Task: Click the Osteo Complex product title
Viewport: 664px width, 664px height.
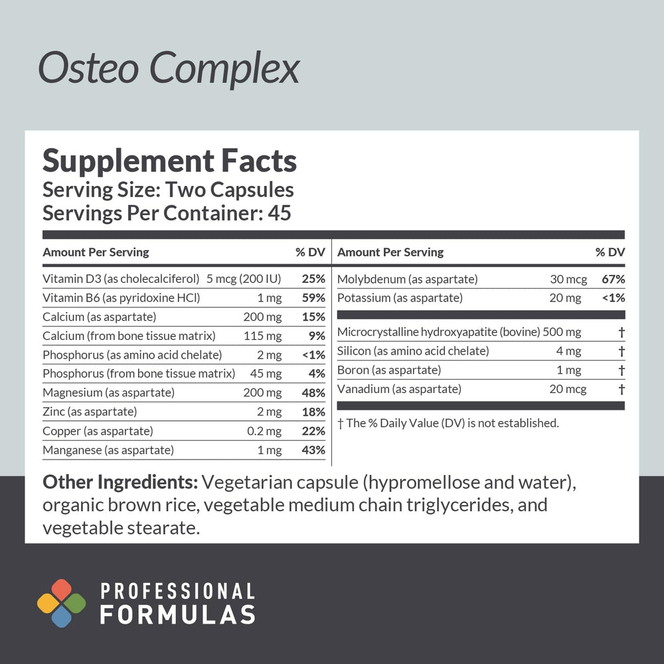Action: pos(169,69)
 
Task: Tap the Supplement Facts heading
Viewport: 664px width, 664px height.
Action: pos(169,161)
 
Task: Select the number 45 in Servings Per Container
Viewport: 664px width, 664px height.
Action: pos(279,214)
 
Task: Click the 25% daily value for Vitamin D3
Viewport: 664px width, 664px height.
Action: pos(313,279)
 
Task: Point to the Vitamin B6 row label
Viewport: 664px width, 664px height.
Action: pos(121,298)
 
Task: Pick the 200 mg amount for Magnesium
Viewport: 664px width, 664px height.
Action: pos(262,393)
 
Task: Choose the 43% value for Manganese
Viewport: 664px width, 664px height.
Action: pos(313,451)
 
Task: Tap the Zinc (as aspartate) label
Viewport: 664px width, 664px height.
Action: pos(90,412)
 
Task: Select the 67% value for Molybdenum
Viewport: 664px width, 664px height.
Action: pos(613,279)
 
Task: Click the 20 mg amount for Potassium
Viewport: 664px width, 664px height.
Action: pos(565,298)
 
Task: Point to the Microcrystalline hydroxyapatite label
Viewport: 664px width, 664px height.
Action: pos(438,332)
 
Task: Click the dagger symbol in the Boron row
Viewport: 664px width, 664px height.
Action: pos(622,371)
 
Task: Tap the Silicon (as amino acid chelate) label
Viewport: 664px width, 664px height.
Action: pos(413,351)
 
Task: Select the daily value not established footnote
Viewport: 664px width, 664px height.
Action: pos(448,423)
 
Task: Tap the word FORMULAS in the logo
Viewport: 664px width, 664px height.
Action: pos(177,614)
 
